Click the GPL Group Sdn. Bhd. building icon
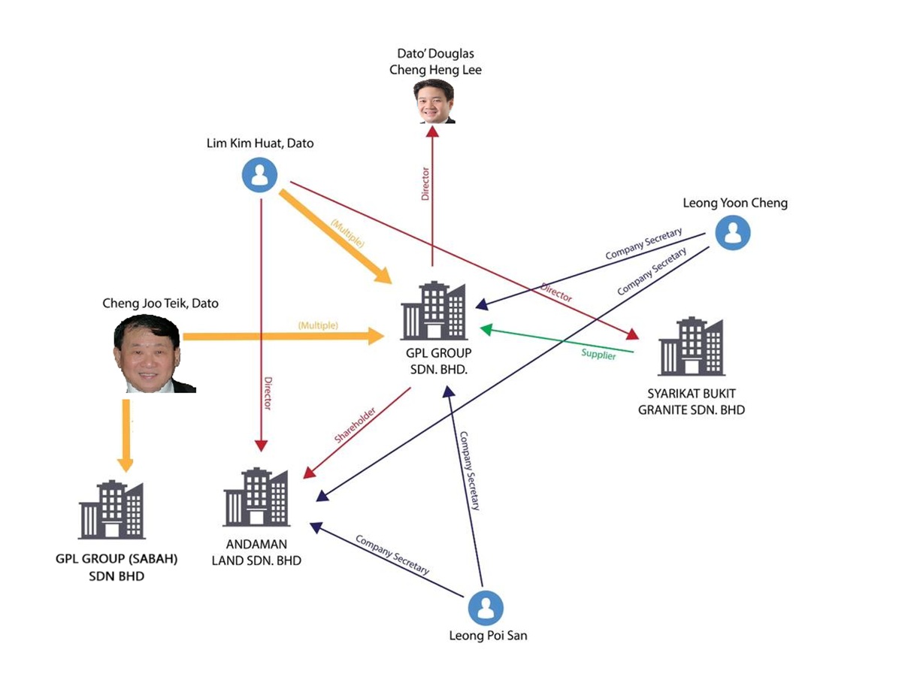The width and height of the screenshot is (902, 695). [x=434, y=311]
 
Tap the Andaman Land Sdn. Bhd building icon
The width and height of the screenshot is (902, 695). [x=256, y=497]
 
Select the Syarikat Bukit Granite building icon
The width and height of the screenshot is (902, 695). [x=691, y=346]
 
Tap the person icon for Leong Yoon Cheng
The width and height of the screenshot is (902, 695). [x=732, y=232]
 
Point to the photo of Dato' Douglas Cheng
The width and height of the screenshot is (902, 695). [x=434, y=101]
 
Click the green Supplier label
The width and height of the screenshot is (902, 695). [x=598, y=353]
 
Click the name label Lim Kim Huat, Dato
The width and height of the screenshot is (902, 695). [x=260, y=143]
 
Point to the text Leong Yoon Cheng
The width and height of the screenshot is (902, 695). [x=734, y=203]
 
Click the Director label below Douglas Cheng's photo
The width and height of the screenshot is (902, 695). [x=425, y=184]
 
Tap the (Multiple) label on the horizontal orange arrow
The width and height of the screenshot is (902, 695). [x=318, y=325]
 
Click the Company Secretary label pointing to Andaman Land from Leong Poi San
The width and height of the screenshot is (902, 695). [x=392, y=554]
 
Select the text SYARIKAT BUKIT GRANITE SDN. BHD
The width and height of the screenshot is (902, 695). [x=691, y=402]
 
